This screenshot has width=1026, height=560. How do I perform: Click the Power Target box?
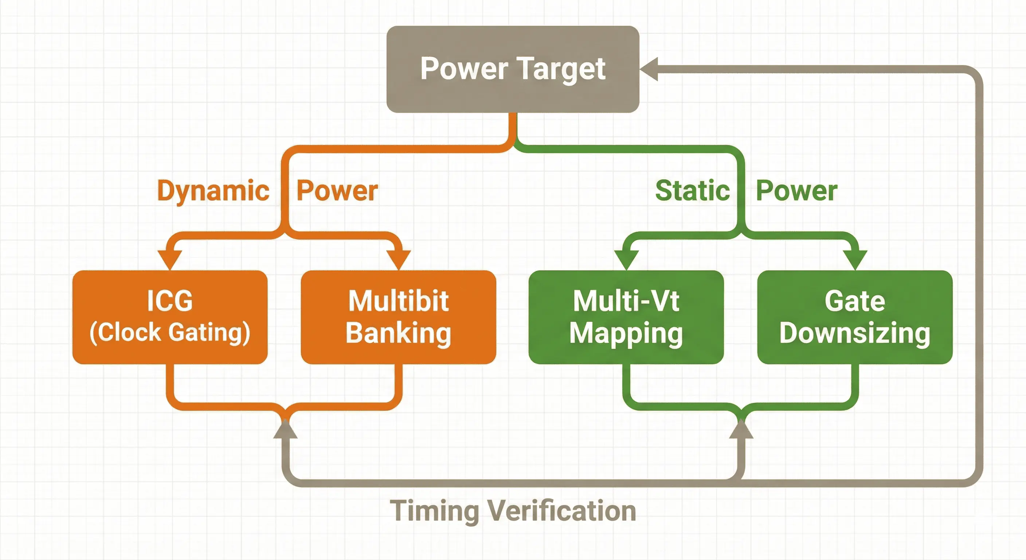click(513, 69)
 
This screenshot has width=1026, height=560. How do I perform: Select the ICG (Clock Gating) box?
click(170, 317)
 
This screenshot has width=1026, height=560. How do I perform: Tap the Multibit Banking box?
click(398, 317)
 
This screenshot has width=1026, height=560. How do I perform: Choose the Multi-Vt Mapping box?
click(626, 317)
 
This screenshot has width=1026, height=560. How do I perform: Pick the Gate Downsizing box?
click(855, 317)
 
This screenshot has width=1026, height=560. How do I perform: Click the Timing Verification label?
click(513, 511)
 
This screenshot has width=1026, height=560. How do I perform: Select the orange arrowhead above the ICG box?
click(170, 259)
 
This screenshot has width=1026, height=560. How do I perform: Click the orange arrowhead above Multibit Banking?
click(398, 259)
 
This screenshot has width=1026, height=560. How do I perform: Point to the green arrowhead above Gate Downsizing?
click(855, 259)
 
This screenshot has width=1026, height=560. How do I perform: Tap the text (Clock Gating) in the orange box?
click(170, 333)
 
